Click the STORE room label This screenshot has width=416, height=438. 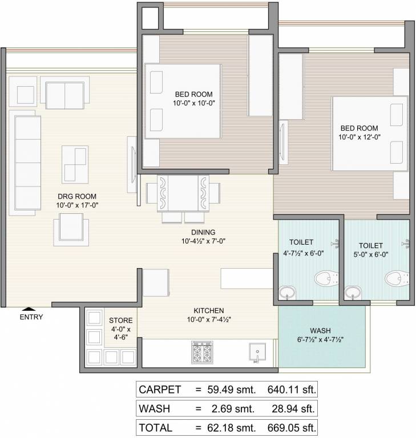tap(121, 320)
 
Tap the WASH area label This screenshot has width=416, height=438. tap(320, 331)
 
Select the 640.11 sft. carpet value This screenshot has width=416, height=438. tap(291, 390)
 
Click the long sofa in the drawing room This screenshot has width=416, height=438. tap(23, 162)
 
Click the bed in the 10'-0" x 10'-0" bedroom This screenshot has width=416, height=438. tap(183, 101)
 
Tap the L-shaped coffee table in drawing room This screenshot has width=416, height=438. tap(74, 163)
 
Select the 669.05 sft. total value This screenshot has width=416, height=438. tap(291, 426)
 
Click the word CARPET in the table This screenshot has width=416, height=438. tap(160, 390)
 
